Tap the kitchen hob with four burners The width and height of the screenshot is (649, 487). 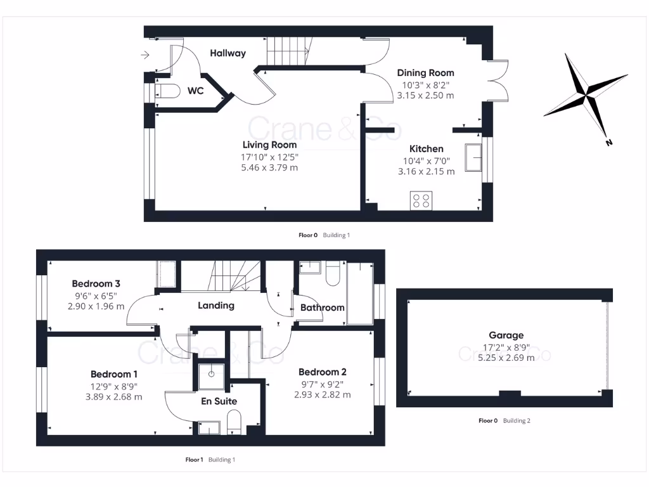coord(421,200)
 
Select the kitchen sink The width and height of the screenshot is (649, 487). coord(472,157)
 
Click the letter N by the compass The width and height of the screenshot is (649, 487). coord(609,143)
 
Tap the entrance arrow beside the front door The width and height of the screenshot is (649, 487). coord(145,55)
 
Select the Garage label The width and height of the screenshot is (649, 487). coord(506,335)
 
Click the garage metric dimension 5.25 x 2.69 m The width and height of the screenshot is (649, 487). coord(506,357)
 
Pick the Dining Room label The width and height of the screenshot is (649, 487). coord(425,72)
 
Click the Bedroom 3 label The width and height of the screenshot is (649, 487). coord(96,283)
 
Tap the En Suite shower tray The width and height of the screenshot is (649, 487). coord(211,374)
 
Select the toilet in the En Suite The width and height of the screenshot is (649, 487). coord(234,422)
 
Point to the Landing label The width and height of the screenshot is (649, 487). coord(216,305)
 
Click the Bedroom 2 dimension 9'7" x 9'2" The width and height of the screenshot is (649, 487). coord(322,383)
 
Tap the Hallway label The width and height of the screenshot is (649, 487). coord(228,53)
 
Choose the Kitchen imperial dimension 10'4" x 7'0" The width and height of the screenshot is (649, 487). coord(425,160)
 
